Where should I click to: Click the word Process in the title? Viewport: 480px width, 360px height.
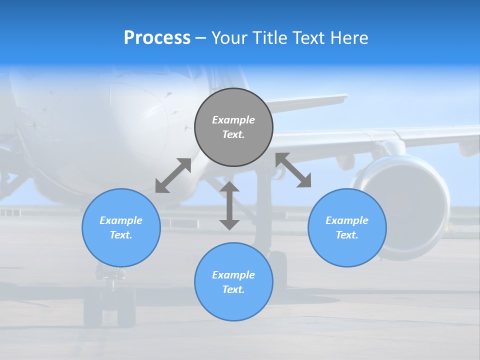(157, 38)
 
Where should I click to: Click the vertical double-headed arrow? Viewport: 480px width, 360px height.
(229, 205)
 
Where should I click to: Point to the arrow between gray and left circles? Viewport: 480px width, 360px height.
(173, 175)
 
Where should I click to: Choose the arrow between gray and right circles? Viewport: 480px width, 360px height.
(293, 170)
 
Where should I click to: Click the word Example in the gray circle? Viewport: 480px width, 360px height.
(233, 120)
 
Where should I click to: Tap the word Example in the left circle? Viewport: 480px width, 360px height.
(121, 220)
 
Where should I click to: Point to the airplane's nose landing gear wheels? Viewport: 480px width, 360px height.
(109, 305)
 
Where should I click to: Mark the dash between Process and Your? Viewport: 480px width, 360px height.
(201, 38)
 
